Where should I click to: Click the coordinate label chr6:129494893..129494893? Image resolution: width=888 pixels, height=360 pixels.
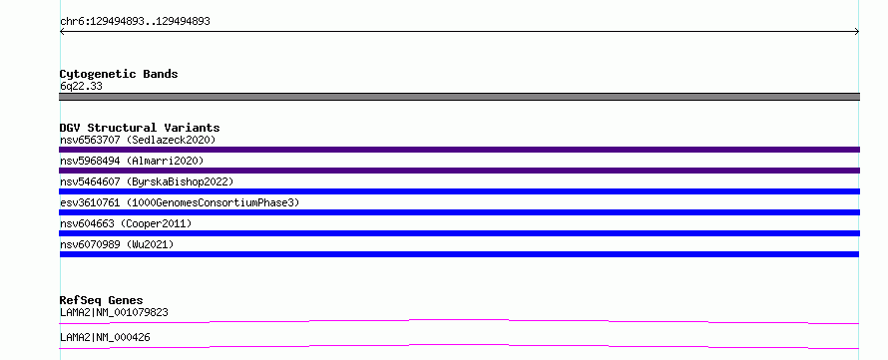coord(135,22)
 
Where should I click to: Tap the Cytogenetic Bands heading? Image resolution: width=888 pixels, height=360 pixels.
coord(119,74)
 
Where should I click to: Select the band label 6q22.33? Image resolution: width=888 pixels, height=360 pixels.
coord(81,87)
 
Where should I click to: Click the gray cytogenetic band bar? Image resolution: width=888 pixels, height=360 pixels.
coord(459,97)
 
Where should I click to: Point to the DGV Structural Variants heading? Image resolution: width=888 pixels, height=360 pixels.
coord(140,128)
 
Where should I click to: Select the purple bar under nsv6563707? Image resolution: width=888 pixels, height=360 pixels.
coord(459,150)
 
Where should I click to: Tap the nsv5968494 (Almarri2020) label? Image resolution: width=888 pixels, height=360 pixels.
coord(132,161)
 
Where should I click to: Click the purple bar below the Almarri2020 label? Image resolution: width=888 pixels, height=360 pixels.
coord(459,171)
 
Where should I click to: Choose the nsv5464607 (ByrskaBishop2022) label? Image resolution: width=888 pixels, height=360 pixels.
coord(147,181)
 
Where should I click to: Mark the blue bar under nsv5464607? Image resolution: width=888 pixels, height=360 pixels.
coord(459,191)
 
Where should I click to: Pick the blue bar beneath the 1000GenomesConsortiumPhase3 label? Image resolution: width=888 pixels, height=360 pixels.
coord(459,212)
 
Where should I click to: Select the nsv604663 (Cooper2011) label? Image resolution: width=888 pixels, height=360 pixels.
coord(126,223)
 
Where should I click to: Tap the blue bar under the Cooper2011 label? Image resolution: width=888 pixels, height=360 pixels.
coord(459,233)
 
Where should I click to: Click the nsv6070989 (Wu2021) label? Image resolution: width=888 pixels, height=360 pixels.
coord(117,244)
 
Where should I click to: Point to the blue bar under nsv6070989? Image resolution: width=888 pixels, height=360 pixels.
coord(459,254)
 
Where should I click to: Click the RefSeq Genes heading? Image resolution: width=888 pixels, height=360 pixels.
coord(102,300)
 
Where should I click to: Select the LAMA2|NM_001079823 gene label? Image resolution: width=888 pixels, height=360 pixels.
coord(114,312)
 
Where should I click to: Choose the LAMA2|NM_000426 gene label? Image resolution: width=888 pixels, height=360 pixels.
coord(105,337)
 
